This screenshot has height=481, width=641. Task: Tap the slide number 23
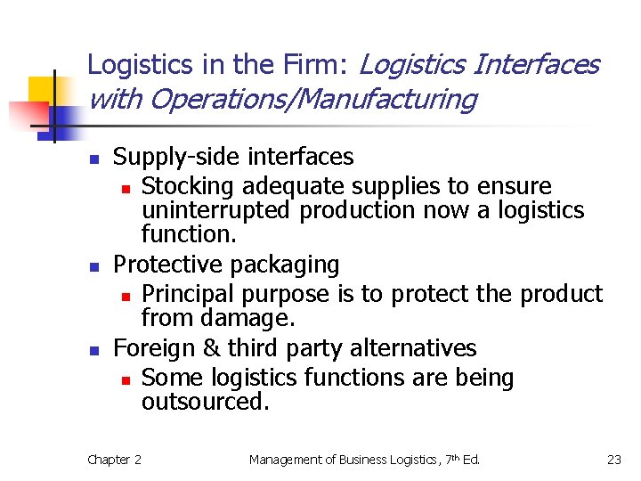[x=613, y=460]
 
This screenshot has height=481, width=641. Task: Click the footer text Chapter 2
[x=114, y=460]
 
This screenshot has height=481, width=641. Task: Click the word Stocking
[x=188, y=187]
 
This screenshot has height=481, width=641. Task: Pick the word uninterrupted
[x=216, y=211]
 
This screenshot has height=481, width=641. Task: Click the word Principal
[x=188, y=294]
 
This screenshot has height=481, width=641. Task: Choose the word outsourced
[x=204, y=402]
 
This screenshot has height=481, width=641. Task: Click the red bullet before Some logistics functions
[x=126, y=379]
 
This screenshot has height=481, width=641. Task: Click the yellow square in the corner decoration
[x=43, y=90]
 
